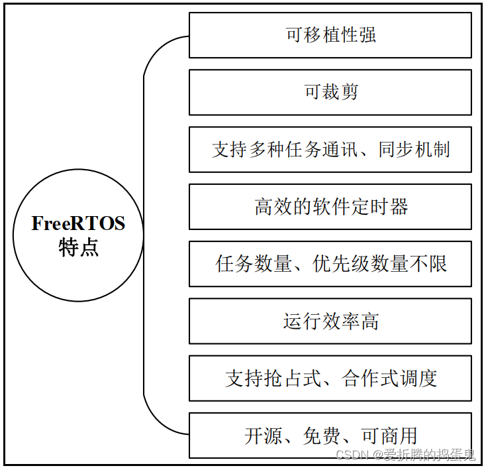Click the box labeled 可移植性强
point(330,35)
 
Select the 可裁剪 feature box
point(330,92)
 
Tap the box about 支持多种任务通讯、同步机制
point(330,149)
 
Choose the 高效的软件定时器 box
point(330,207)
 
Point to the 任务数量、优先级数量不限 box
point(330,264)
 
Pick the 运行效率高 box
point(330,322)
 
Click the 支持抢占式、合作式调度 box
point(330,379)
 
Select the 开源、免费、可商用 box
point(330,436)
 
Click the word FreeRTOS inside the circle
point(78,224)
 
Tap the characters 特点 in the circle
point(78,247)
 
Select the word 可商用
point(389,436)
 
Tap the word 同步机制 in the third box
point(414,149)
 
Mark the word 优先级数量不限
point(380,264)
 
